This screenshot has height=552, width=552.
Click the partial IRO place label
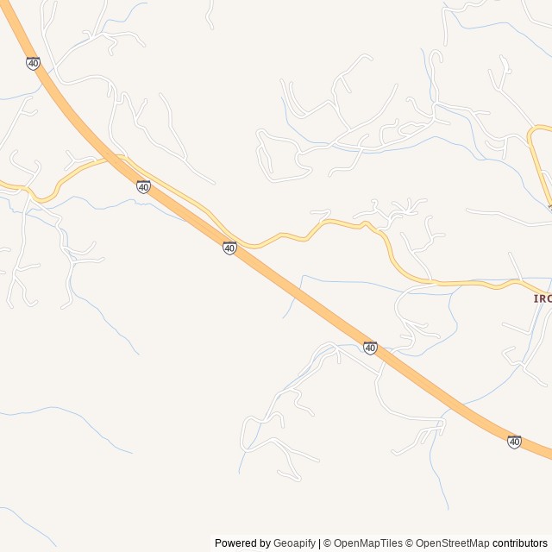543,298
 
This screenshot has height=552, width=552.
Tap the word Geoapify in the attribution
295,543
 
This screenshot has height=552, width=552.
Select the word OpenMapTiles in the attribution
368,543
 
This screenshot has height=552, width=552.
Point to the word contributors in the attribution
520,543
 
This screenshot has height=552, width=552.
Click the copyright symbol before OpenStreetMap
410,543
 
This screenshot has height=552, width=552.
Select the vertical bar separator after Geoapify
319,543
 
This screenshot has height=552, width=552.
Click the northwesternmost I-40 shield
33,64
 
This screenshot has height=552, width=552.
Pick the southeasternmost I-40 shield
514,442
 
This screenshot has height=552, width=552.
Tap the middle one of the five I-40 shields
229,248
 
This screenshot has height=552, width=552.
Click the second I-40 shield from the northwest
143,187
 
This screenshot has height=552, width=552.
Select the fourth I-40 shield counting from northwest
370,348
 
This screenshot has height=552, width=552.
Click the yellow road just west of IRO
483,283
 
